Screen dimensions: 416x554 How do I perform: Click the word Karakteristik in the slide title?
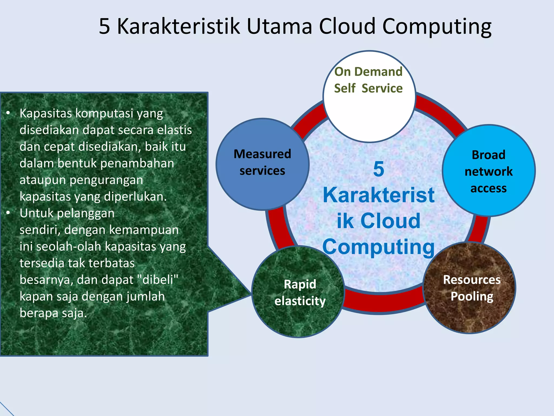pyautogui.click(x=178, y=26)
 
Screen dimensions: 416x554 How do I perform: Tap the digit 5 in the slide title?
pyautogui.click(x=104, y=26)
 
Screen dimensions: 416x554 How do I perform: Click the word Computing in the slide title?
pyautogui.click(x=437, y=26)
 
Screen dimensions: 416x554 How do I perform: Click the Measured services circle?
pyautogui.click(x=262, y=164)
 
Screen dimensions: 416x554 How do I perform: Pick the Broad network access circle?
pyautogui.click(x=489, y=171)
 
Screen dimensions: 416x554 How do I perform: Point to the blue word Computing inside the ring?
pyautogui.click(x=378, y=247)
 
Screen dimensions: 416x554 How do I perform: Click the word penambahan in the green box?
pyautogui.click(x=137, y=163)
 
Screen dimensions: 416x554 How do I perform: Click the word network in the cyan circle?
pyautogui.click(x=489, y=171)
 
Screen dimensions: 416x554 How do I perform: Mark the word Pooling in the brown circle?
pyautogui.click(x=472, y=296)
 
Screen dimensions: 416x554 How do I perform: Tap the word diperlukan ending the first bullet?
pyautogui.click(x=135, y=197)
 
